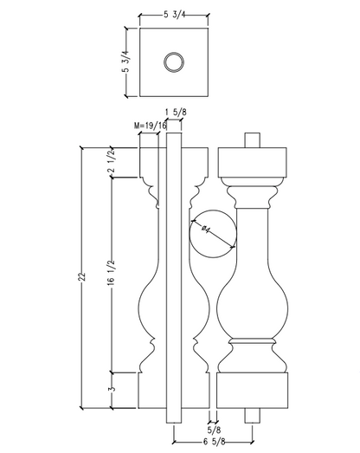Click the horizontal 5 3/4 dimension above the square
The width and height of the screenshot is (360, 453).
(175, 15)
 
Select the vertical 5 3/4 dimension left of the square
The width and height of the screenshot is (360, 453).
(126, 62)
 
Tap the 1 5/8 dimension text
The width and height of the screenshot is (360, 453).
(176, 112)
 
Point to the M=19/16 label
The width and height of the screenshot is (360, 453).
(151, 126)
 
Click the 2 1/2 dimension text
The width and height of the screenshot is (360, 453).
(112, 162)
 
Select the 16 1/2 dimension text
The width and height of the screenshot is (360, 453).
(111, 273)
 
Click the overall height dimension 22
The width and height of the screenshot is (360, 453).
(82, 276)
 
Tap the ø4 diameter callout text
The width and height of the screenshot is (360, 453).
(206, 230)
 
